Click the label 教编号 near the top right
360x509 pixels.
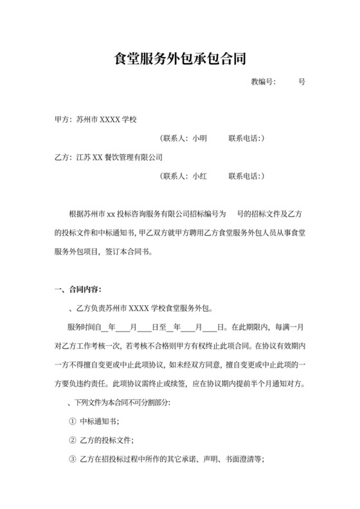click(263, 83)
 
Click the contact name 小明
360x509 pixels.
click(199, 138)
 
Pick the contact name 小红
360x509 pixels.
click(199, 175)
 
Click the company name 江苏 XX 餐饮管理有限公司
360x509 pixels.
click(119, 156)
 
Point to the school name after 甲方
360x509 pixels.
click(107, 120)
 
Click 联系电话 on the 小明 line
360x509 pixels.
click(241, 138)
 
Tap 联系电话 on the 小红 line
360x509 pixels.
click(241, 175)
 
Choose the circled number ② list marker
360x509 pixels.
click(71, 441)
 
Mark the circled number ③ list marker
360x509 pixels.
click(71, 460)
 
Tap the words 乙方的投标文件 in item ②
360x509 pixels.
click(107, 441)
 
